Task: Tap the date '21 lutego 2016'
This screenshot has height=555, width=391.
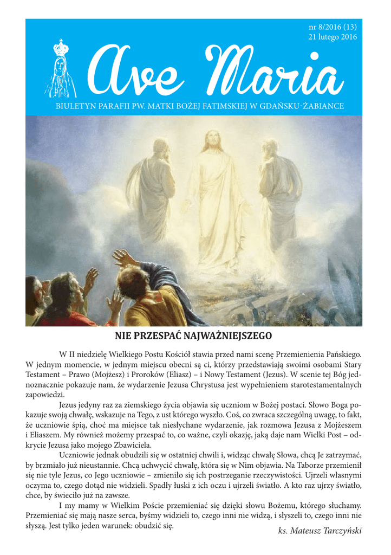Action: click(x=333, y=37)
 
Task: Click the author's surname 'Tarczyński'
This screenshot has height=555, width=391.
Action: click(x=341, y=530)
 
